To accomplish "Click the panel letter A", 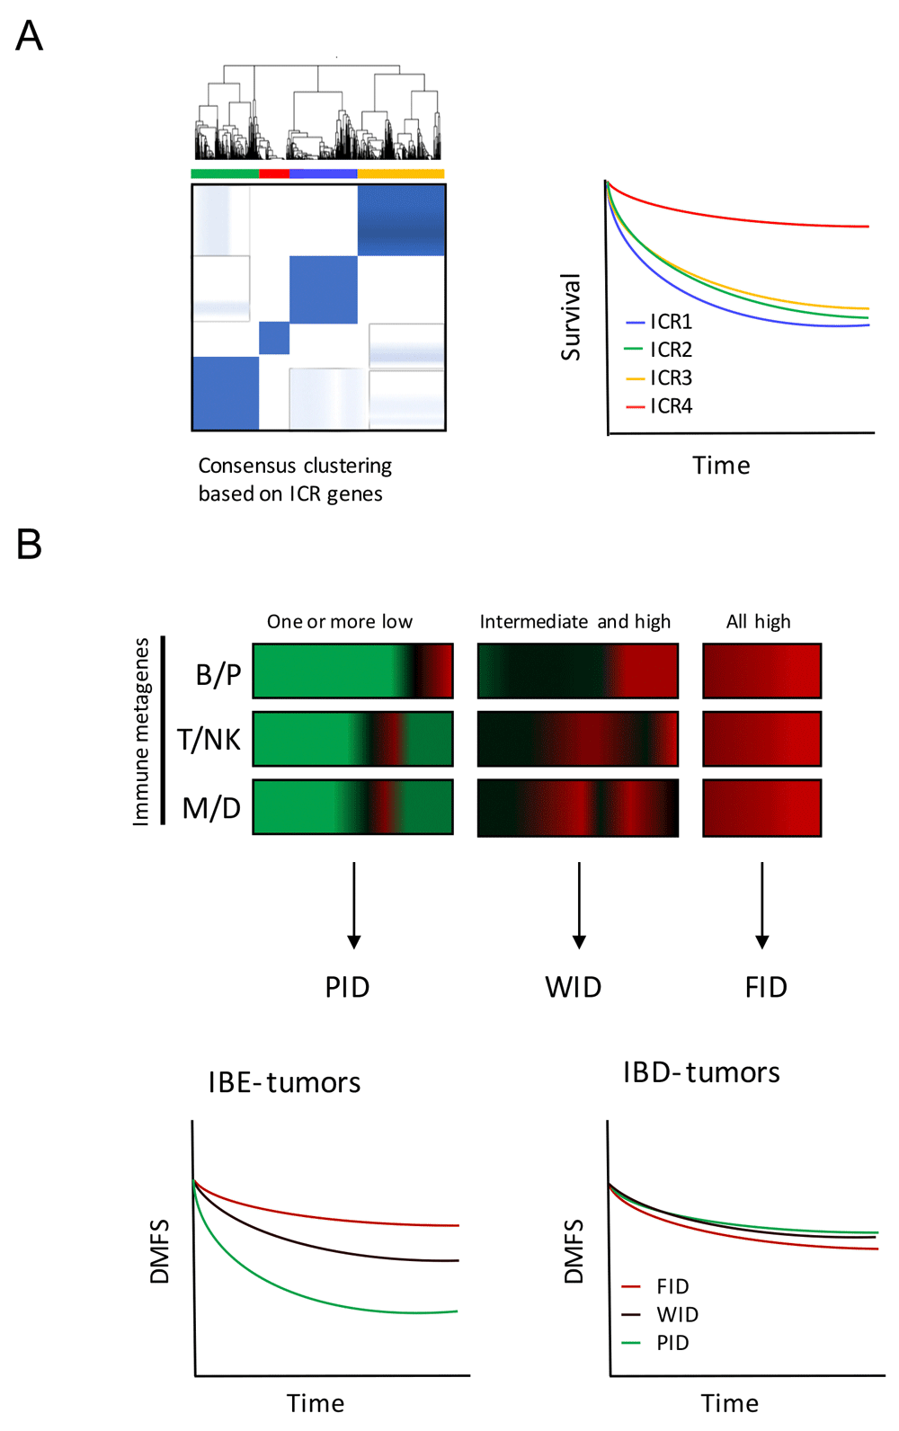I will pyautogui.click(x=29, y=37).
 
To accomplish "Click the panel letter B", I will pyautogui.click(x=29, y=545).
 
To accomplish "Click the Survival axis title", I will pyautogui.click(x=571, y=317).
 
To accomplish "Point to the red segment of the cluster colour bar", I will pyautogui.click(x=274, y=173).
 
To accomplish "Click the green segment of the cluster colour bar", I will pyautogui.click(x=225, y=173).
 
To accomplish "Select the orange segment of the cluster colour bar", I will pyautogui.click(x=401, y=173).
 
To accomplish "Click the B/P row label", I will pyautogui.click(x=218, y=674).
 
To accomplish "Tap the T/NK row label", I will pyautogui.click(x=209, y=740).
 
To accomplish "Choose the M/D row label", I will pyautogui.click(x=211, y=808).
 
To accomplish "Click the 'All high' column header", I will pyautogui.click(x=759, y=622).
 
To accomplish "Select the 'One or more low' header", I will pyautogui.click(x=340, y=622).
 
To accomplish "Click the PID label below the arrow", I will pyautogui.click(x=348, y=987).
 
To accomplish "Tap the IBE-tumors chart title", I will pyautogui.click(x=284, y=1082).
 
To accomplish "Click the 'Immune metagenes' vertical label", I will pyautogui.click(x=141, y=732).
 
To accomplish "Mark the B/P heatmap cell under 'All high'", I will pyautogui.click(x=761, y=671).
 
